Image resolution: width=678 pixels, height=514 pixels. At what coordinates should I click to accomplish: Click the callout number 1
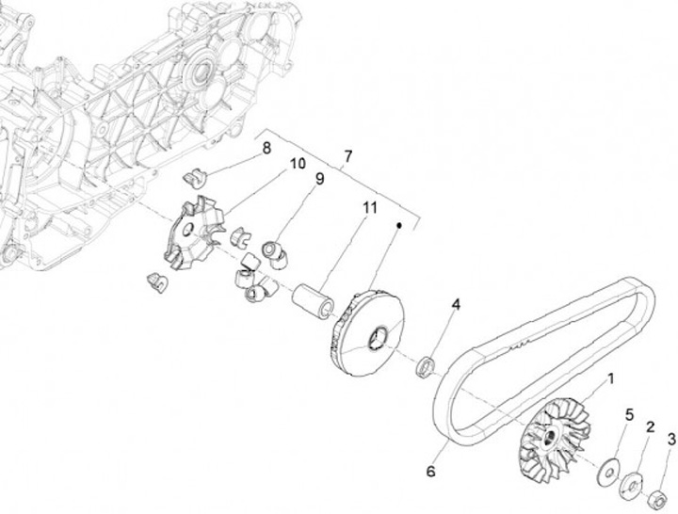[x=610, y=379]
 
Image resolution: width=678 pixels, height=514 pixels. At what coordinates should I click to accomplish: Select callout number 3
[x=671, y=439]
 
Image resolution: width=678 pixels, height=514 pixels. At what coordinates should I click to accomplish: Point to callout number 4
[x=456, y=305]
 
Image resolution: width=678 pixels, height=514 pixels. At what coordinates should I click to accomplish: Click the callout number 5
[x=630, y=416]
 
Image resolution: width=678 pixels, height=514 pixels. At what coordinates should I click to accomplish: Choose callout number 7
[x=347, y=154]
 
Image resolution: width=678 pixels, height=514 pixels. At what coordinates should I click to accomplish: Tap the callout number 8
[x=266, y=148]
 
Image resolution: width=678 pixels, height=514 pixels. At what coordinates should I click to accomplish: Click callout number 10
[x=298, y=164]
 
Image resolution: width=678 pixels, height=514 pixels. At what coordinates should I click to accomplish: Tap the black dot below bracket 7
[x=399, y=225]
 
